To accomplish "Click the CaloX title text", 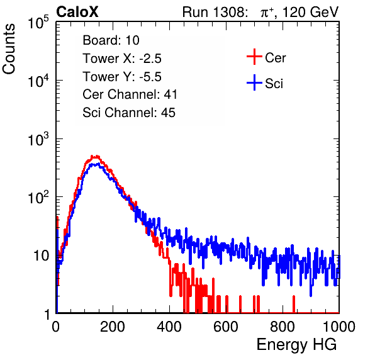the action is (77, 12).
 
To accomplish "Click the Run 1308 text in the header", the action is (214, 12).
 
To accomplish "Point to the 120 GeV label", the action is (310, 12).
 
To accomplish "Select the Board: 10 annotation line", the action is (111, 40).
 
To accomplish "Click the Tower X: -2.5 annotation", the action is (122, 59).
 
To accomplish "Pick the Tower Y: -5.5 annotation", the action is (122, 77).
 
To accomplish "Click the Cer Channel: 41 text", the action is (130, 94).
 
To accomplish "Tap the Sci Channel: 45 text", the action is (129, 113).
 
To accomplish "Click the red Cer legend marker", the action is (254, 57).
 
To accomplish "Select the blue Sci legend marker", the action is (254, 83).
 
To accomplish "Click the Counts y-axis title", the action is (9, 49).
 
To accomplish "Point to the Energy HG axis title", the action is (296, 345).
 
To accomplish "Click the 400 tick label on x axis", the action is (169, 327).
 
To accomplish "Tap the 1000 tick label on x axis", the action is (339, 327).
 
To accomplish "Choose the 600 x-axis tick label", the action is (226, 327).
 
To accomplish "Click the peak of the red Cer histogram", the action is (96, 157).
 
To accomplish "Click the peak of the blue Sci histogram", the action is (95, 164).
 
